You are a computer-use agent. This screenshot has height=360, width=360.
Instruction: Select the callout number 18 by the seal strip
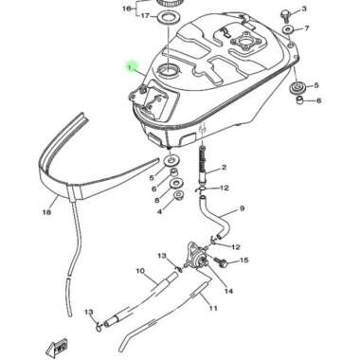click(x=46, y=212)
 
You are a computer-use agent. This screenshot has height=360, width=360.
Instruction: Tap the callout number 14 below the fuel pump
click(x=228, y=291)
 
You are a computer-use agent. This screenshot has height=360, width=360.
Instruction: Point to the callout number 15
click(x=244, y=261)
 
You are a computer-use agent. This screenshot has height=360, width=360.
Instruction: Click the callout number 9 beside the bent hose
click(x=243, y=208)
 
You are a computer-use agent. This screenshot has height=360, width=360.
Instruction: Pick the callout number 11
click(x=213, y=307)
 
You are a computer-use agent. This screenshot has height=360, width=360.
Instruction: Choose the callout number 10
click(x=140, y=271)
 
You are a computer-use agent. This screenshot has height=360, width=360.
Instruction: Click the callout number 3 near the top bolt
click(x=304, y=9)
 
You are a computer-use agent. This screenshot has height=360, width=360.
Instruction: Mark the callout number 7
click(x=307, y=28)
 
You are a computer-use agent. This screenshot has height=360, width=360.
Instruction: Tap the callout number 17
click(x=145, y=15)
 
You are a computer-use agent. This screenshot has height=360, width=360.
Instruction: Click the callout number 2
click(x=224, y=168)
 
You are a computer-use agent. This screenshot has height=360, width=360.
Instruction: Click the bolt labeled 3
click(x=285, y=15)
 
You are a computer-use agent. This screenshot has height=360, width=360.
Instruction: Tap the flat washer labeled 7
click(x=288, y=30)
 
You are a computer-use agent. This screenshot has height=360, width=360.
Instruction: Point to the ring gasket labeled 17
click(x=168, y=16)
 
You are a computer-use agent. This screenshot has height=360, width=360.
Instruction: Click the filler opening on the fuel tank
click(x=169, y=69)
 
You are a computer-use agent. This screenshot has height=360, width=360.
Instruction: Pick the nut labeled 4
click(x=179, y=196)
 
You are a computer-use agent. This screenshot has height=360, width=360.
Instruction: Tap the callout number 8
click(x=157, y=201)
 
